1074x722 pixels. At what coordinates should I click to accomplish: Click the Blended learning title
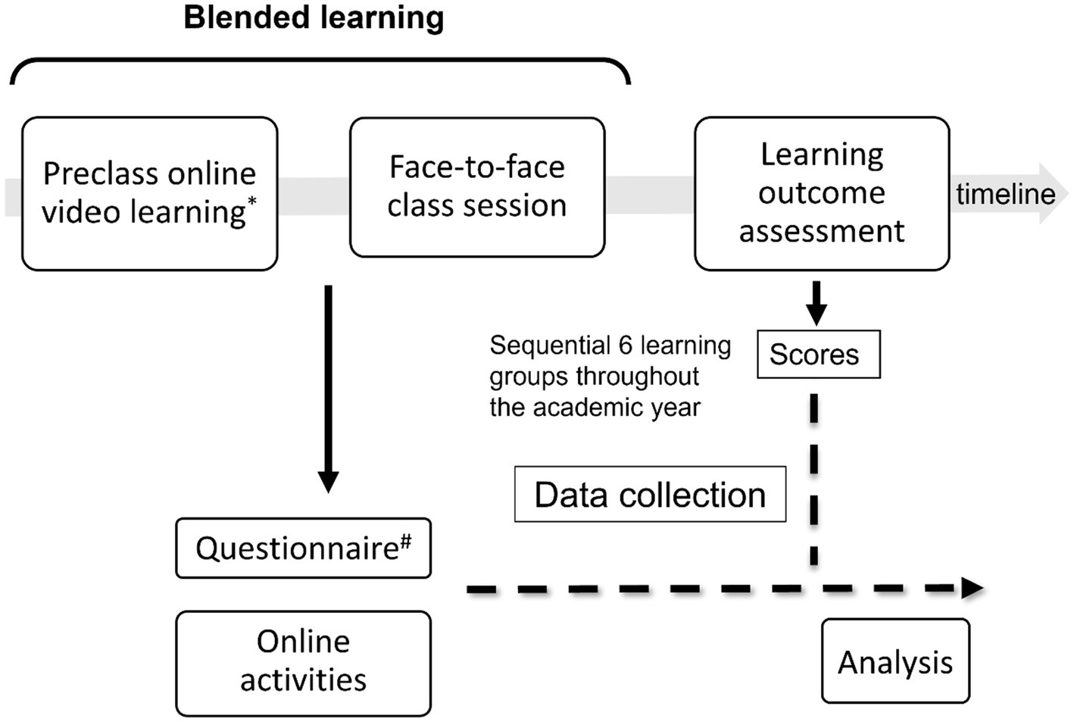point(314,17)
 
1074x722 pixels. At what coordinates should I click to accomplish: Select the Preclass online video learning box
point(150,194)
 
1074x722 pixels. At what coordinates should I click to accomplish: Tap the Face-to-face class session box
point(477,187)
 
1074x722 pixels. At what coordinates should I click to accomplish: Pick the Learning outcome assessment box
point(822,193)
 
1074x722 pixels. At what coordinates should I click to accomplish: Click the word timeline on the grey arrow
point(1005,194)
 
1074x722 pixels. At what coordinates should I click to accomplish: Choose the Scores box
point(818,355)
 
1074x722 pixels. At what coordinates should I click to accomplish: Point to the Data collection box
point(650,495)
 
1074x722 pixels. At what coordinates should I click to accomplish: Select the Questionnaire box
point(303,549)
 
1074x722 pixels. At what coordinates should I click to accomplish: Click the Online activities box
point(303,662)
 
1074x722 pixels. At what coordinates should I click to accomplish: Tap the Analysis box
point(895,662)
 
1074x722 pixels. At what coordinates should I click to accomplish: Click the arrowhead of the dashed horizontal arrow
point(972,588)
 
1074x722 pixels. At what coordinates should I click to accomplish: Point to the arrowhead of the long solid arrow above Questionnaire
point(328,481)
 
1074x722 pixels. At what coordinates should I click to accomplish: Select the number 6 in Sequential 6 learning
point(625,345)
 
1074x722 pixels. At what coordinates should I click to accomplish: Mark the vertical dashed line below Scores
point(814,477)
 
